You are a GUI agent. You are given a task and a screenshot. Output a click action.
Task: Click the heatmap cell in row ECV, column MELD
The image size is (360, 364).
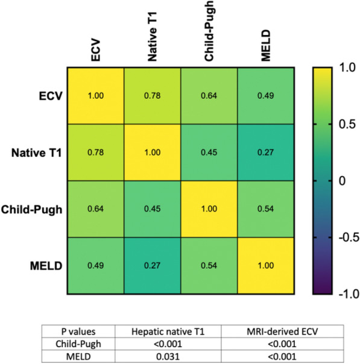tap(265, 96)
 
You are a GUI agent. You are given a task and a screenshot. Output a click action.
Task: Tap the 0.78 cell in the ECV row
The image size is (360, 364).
tap(151, 96)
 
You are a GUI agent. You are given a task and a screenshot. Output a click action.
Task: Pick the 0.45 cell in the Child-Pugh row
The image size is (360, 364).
tap(151, 209)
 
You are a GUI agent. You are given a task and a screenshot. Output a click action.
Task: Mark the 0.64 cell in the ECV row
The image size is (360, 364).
tap(208, 96)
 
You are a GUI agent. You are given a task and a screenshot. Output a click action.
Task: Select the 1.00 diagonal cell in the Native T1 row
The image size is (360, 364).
tap(151, 152)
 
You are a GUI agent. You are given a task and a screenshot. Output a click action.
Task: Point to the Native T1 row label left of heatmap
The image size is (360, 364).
tap(36, 152)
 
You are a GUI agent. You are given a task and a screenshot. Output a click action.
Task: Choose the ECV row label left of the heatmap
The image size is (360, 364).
tap(49, 96)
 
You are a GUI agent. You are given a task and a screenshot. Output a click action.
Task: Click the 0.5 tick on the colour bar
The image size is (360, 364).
tap(343, 124)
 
